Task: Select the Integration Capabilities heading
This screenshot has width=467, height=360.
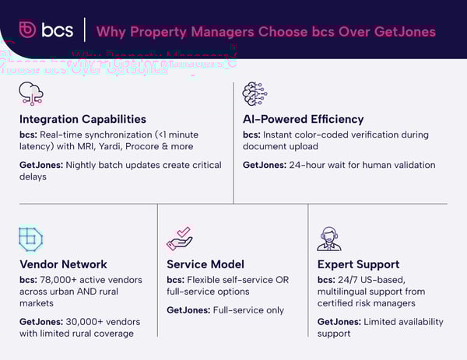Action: [x=82, y=119]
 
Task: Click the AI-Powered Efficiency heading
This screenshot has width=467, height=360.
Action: [x=303, y=119]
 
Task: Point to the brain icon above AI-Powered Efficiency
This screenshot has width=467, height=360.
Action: [x=255, y=94]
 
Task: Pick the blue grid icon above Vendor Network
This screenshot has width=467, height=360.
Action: [x=30, y=238]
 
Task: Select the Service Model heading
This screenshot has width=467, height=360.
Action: [x=205, y=264]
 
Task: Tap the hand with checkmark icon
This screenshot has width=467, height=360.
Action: [x=180, y=238]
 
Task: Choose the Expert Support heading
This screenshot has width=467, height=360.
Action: [x=359, y=264]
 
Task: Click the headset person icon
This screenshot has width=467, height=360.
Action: [x=329, y=238]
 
